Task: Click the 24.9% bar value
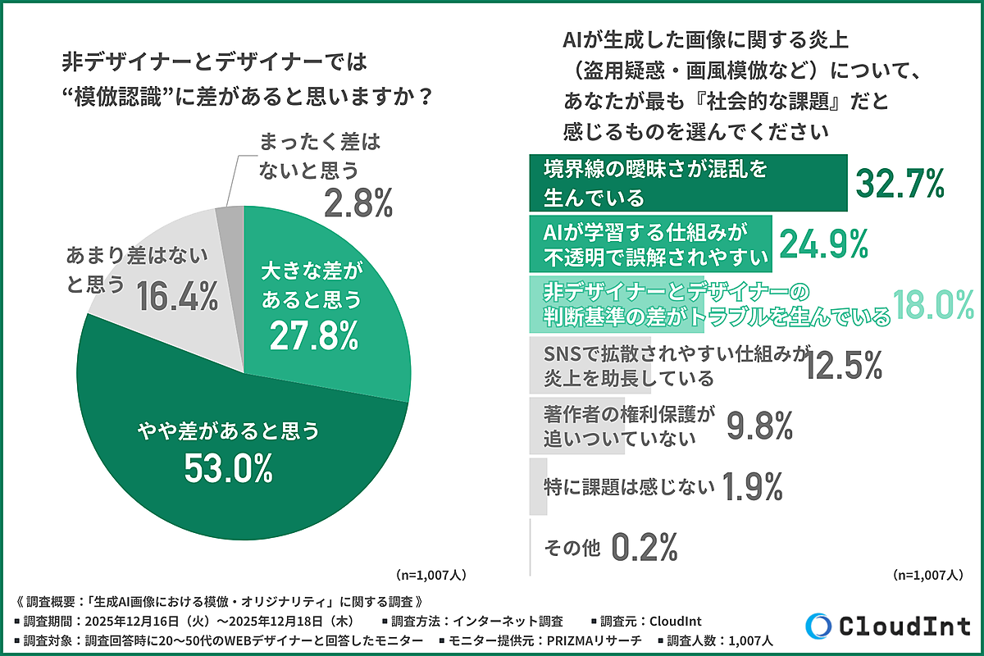[822, 244]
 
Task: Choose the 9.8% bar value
[759, 426]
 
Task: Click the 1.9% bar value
[753, 486]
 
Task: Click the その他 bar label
[573, 546]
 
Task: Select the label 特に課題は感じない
[629, 486]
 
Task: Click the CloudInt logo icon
[818, 626]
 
